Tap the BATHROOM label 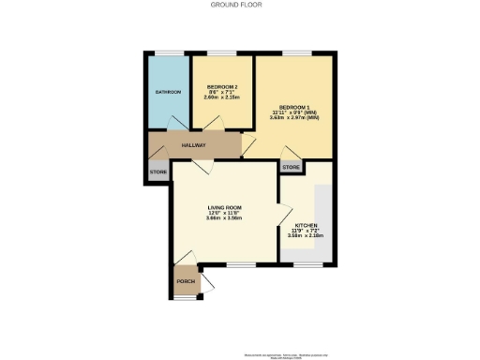[168, 92]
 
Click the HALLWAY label [193, 145]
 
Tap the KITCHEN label [307, 226]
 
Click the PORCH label [185, 281]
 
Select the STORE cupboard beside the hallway [157, 174]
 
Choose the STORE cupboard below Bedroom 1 [291, 168]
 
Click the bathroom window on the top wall [169, 52]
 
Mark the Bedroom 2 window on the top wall [223, 52]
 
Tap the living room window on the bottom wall [239, 264]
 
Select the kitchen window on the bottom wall [307, 264]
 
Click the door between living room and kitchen [280, 213]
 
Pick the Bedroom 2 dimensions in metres [223, 97]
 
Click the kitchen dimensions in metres [307, 237]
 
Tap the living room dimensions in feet [224, 214]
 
